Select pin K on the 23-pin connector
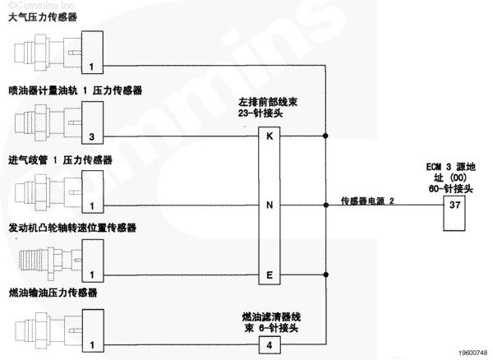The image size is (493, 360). click(x=270, y=136)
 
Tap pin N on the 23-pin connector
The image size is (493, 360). click(x=270, y=205)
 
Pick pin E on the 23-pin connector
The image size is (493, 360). click(x=270, y=274)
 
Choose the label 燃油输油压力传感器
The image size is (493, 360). click(x=53, y=294)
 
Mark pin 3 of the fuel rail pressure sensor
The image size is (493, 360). click(x=92, y=135)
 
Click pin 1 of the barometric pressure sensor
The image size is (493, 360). click(x=92, y=66)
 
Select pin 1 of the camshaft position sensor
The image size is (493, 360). click(x=92, y=274)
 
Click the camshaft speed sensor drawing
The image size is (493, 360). click(x=45, y=261)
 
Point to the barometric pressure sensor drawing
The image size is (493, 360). click(x=45, y=54)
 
